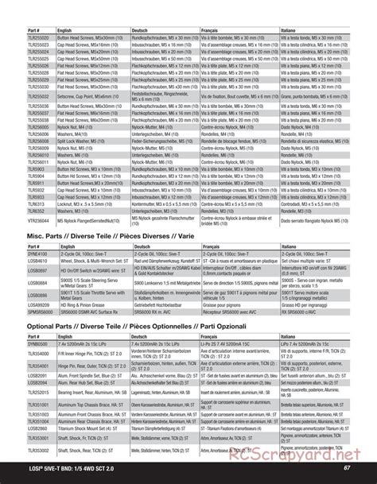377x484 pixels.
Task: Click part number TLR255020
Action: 19,37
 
